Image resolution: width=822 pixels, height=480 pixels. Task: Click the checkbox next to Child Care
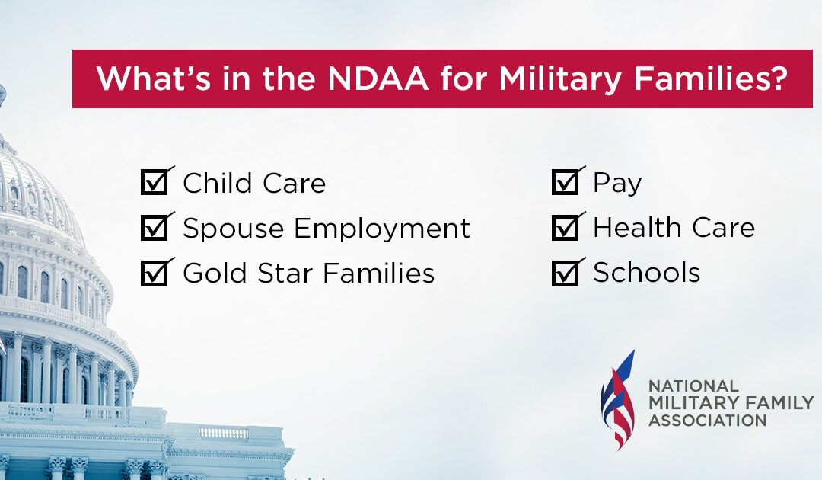click(x=155, y=184)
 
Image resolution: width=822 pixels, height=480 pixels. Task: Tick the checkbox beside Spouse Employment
click(x=155, y=229)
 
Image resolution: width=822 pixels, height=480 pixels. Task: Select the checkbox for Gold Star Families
click(x=155, y=274)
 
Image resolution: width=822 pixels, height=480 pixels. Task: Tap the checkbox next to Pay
click(x=565, y=184)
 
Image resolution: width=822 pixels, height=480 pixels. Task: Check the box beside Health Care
click(x=565, y=229)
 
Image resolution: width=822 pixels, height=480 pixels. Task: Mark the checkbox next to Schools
click(x=565, y=274)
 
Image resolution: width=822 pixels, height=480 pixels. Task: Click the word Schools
click(x=647, y=274)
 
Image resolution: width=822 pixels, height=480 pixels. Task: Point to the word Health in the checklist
click(x=632, y=228)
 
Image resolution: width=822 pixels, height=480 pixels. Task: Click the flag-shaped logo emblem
click(x=617, y=400)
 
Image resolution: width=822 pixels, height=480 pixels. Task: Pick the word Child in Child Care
click(x=214, y=184)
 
